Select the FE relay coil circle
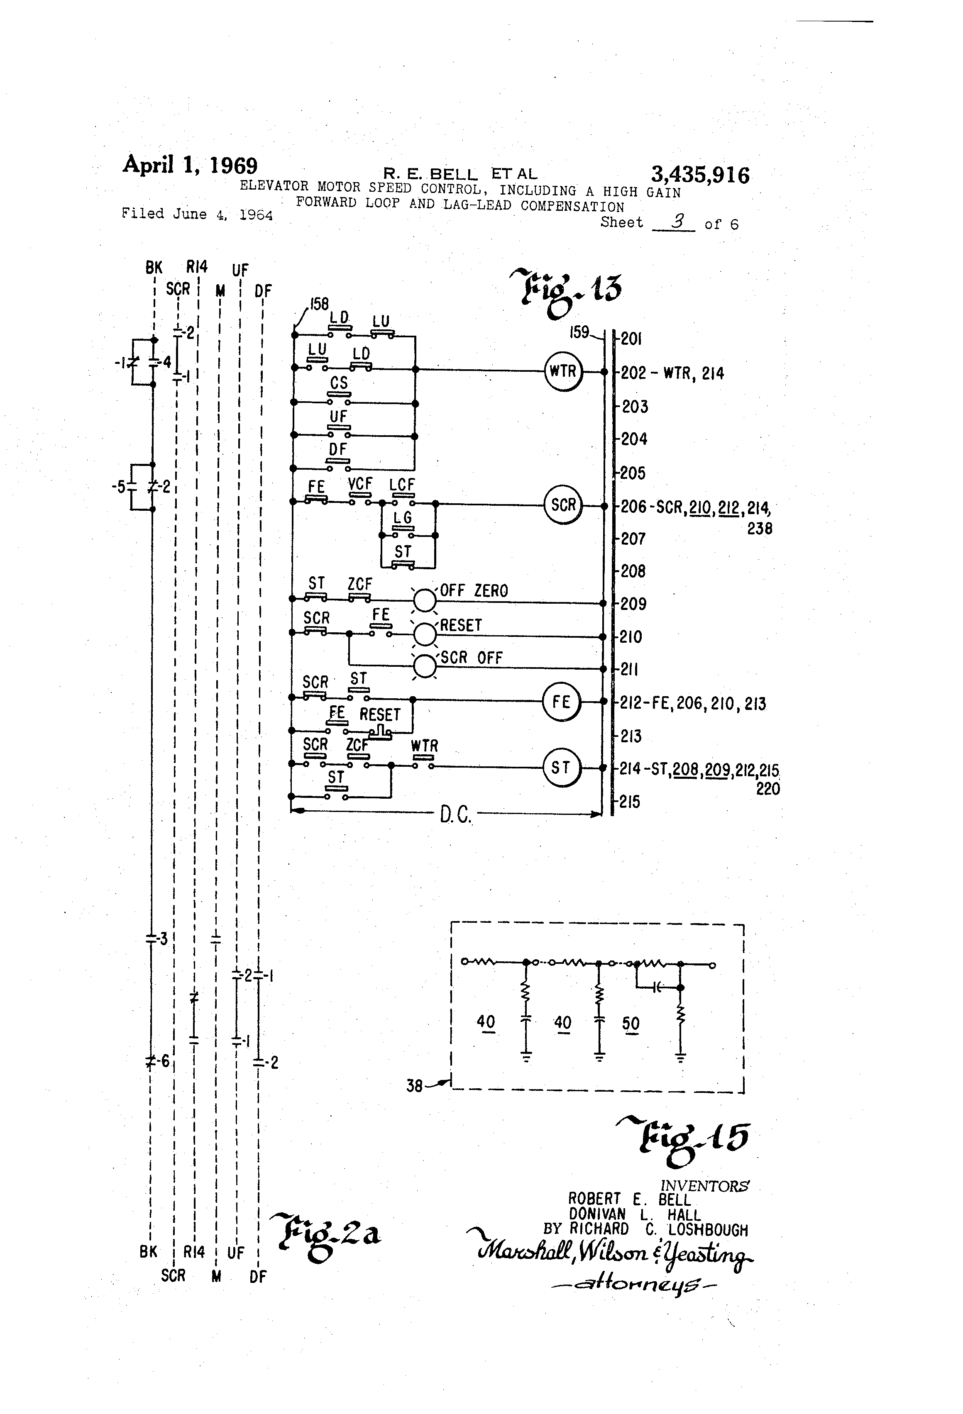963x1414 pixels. coord(561,702)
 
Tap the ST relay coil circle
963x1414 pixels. coord(561,768)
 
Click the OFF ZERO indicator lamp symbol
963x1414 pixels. coord(425,600)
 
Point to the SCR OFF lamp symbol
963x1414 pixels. coord(425,666)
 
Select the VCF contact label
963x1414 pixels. coord(360,484)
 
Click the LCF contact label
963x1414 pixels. coord(402,485)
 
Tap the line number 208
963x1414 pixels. coord(633,571)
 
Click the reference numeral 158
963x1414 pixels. coord(319,304)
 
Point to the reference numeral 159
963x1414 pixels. coord(579,332)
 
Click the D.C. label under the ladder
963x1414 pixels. coord(455,815)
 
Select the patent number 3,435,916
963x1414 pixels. coord(700,175)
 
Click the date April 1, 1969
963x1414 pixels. coord(190,165)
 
